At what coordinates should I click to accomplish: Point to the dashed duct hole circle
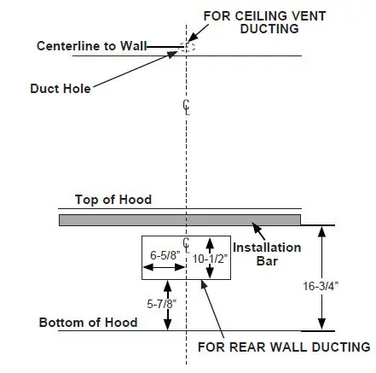(189, 46)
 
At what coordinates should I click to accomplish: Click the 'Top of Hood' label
(113, 200)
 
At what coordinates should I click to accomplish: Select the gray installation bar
(179, 220)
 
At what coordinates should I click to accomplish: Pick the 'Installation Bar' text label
(266, 254)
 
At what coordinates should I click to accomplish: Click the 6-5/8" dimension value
(164, 255)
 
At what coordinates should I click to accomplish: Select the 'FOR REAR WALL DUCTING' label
(283, 347)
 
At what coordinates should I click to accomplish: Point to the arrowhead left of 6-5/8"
(146, 267)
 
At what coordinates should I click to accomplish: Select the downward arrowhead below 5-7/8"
(169, 324)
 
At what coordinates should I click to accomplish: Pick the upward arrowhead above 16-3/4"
(321, 230)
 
